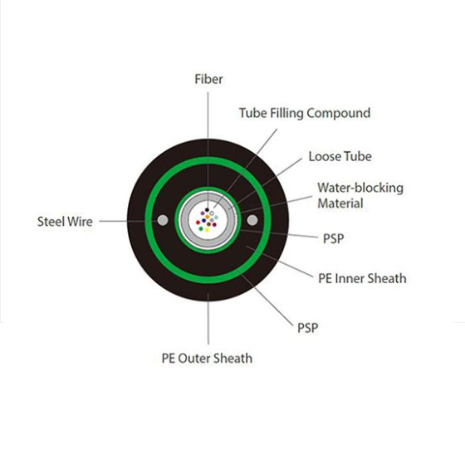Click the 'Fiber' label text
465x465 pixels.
pos(208,79)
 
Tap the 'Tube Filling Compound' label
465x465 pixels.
pos(305,113)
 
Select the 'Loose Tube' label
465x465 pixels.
pos(340,157)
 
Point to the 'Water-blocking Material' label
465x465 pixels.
pos(360,195)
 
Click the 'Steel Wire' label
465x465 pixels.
pos(65,222)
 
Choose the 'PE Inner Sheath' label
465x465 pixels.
pos(362,278)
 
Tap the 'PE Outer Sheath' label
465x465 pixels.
pos(207,358)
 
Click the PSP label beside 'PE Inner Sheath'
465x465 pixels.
pos(333,238)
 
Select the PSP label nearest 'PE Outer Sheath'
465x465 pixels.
pos(307,328)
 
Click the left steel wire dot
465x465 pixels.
pos(163,220)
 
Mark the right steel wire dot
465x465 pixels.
pos(252,220)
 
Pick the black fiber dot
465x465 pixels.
pos(207,210)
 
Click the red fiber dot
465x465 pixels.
pos(198,223)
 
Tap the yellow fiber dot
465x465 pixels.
pos(207,230)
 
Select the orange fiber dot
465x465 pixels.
pos(208,217)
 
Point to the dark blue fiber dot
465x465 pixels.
pos(203,221)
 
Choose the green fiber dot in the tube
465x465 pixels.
pos(201,228)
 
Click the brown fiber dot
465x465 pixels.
pos(208,224)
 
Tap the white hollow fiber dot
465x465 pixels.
pos(212,213)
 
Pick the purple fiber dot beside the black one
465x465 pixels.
pos(203,213)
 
